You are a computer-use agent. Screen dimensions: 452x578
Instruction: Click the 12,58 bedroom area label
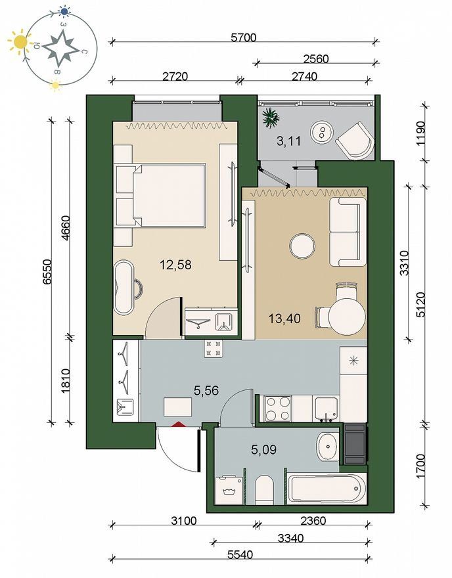[175, 264]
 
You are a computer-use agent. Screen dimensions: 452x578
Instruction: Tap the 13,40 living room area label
[284, 318]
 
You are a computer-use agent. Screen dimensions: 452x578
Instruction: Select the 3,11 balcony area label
[288, 141]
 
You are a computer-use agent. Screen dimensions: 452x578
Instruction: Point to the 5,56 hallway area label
[206, 390]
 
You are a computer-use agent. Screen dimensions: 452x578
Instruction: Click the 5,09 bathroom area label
[263, 449]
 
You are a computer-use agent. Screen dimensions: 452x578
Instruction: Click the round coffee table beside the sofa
[302, 246]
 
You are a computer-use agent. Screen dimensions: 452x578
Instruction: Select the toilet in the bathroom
[264, 489]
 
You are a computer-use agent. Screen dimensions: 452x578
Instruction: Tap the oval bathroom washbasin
[328, 447]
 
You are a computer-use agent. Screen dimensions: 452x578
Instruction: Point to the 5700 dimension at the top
[243, 37]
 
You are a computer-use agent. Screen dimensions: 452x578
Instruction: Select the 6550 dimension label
[47, 272]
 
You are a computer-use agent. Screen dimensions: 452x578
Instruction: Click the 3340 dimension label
[290, 538]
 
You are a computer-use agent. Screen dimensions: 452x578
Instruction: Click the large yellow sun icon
[20, 41]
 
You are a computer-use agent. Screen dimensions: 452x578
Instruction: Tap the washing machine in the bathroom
[229, 490]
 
